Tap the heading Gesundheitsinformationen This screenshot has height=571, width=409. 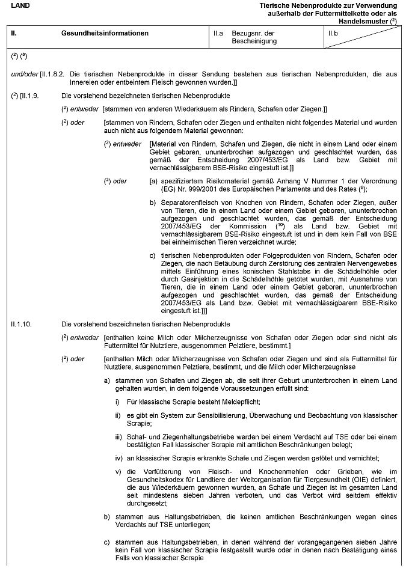click(x=105, y=34)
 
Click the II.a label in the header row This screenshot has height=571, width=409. click(x=218, y=34)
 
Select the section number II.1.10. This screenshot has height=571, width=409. click(x=21, y=325)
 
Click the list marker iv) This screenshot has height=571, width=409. click(x=119, y=459)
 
